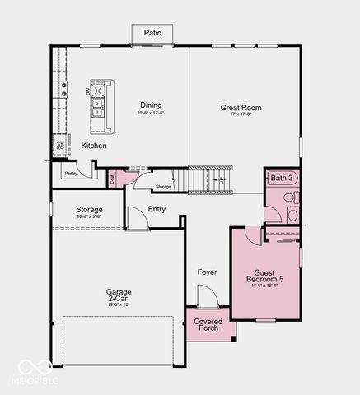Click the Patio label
tap(152, 34)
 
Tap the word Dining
tap(151, 105)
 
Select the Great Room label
tap(241, 108)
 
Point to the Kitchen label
tap(93, 146)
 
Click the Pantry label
tap(71, 174)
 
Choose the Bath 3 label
tap(282, 178)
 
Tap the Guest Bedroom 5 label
tap(264, 276)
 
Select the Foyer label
tap(207, 272)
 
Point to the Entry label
tap(157, 209)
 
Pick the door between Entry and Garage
tap(134, 218)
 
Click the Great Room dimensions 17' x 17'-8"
tap(240, 116)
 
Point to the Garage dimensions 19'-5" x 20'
tap(118, 304)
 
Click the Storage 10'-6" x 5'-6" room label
tap(89, 211)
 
